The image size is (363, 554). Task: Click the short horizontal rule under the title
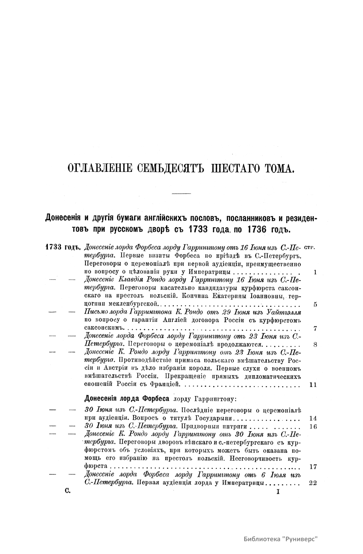coord(181,193)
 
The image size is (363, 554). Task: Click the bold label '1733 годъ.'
coord(62,247)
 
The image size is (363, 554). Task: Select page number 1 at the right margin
coord(315,272)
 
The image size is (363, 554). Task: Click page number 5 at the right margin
coord(315,305)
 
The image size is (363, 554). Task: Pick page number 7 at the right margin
coord(315,329)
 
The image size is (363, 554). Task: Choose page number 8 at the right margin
coord(315,345)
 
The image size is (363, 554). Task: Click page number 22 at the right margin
coord(313,483)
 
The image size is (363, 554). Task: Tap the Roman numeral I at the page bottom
coord(278,492)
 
